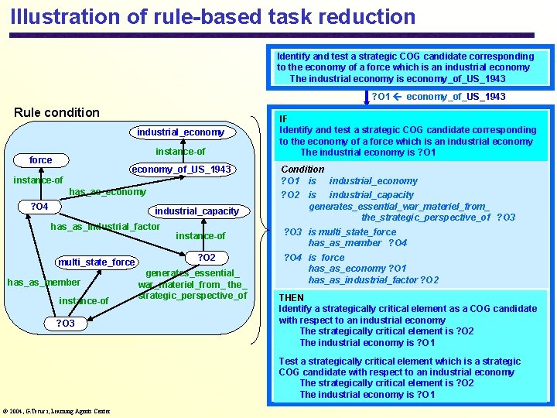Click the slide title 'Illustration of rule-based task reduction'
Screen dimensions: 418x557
pos(213,16)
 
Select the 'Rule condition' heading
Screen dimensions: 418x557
pos(57,112)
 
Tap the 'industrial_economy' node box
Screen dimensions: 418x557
pos(180,132)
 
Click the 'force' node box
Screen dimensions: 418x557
pos(41,160)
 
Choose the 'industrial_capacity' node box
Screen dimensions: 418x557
pos(196,211)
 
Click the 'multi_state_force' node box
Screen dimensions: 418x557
pos(96,262)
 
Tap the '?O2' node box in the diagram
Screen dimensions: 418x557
pos(207,258)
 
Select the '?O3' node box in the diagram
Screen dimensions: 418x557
pos(65,324)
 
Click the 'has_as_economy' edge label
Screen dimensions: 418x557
pos(108,192)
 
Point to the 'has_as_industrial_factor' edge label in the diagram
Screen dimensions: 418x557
pos(105,227)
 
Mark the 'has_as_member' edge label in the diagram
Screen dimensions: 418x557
pos(43,283)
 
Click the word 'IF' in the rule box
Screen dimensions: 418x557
pos(284,118)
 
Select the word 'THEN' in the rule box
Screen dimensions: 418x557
pos(292,297)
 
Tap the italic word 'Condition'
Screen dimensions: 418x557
pos(302,169)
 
